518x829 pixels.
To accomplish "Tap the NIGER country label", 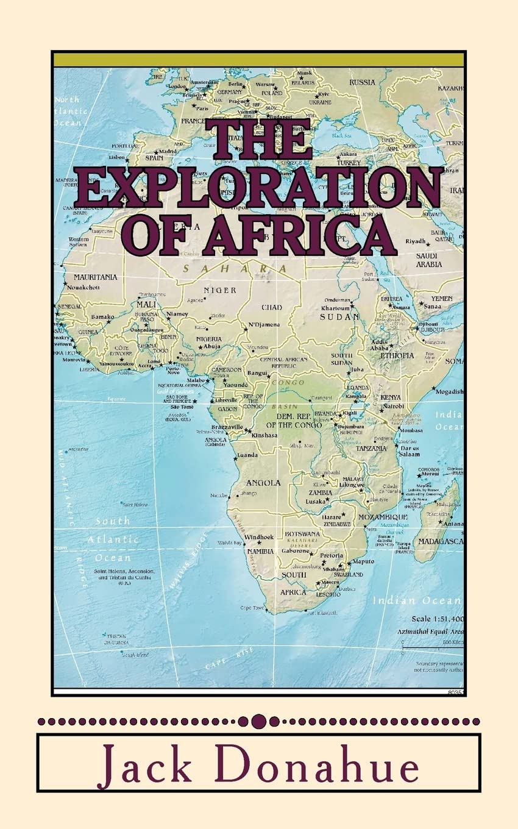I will click(x=219, y=290).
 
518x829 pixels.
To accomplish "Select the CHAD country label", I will click(x=272, y=307).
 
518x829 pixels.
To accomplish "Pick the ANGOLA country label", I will click(x=263, y=483).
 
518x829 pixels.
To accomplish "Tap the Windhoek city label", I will click(x=259, y=537).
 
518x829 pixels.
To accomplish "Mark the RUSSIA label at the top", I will click(x=362, y=82).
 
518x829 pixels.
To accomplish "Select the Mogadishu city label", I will click(x=449, y=391).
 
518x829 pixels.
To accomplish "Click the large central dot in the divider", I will click(x=259, y=720).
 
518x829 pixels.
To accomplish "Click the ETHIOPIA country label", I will click(x=397, y=355).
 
